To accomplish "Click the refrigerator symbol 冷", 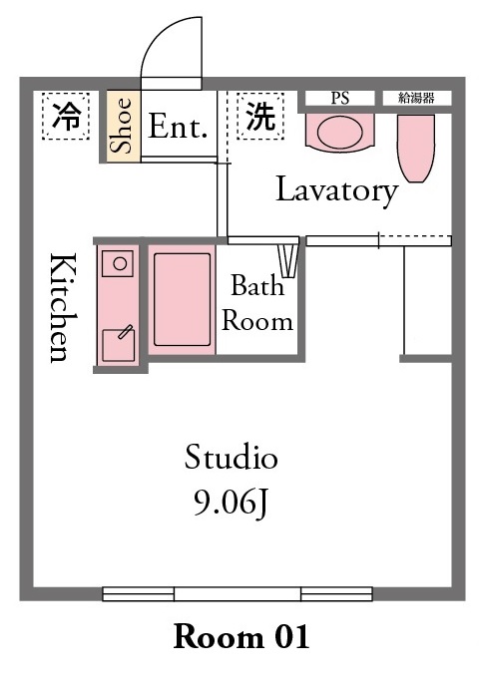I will [x=66, y=117].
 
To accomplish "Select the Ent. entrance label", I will [x=179, y=127].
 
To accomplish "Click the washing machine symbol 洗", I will [x=259, y=117].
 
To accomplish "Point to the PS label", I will [x=339, y=98].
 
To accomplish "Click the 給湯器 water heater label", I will [x=415, y=98].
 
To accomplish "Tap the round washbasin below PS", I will [x=339, y=132].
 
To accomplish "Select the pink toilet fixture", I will [x=415, y=148].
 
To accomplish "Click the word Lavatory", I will [x=336, y=189].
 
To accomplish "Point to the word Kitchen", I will [x=61, y=307].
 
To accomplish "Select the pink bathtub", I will [x=182, y=299].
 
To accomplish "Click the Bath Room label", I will [x=257, y=304].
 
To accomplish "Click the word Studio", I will [x=231, y=459].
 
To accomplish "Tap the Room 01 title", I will [x=241, y=635].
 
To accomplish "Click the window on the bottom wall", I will [x=238, y=594].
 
